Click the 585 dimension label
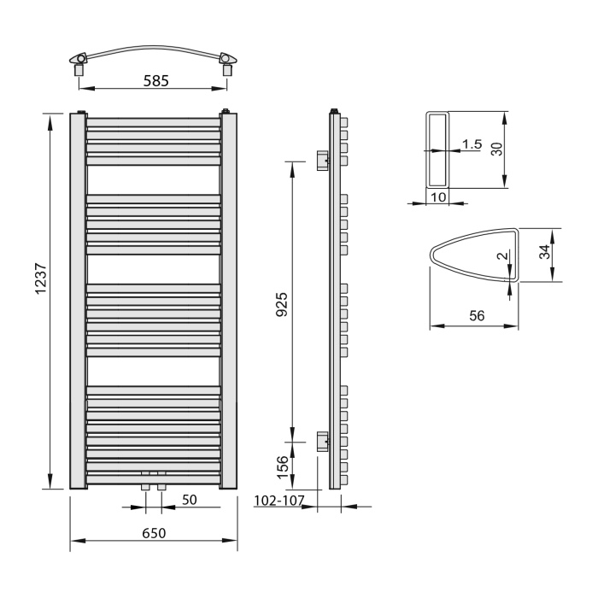pos(155,81)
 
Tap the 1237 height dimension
pos(40,278)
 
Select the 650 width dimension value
pos(154,533)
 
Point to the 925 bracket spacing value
pos(281,304)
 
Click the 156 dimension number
pos(283,467)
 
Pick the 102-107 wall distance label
pos(279,501)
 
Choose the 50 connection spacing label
pos(189,500)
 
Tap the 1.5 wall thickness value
pos(472,144)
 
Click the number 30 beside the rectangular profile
pos(497,149)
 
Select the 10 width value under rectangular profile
pos(438,197)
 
